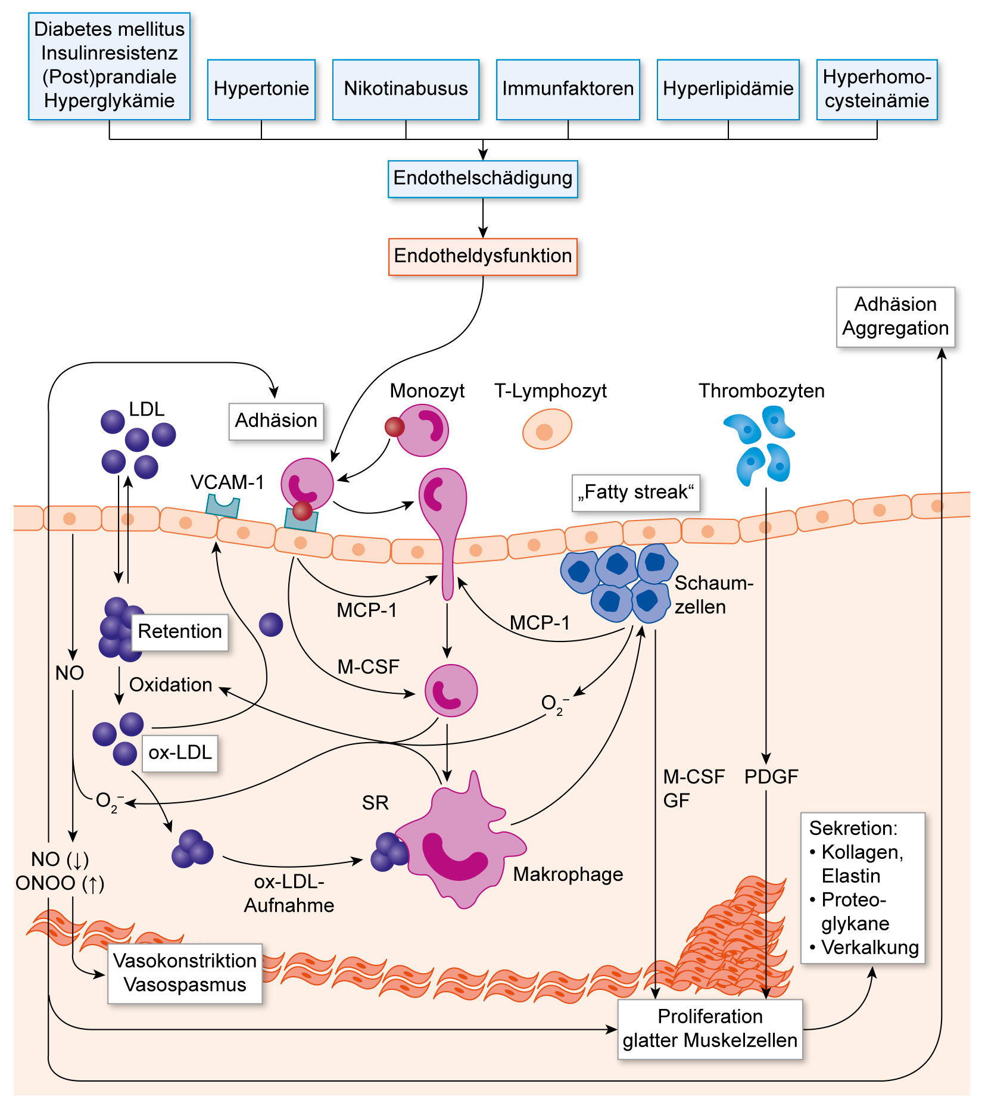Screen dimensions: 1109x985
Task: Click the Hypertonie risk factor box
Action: [x=261, y=89]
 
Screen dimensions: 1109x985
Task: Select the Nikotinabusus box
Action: [x=406, y=89]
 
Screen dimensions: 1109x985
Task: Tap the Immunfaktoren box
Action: [x=568, y=89]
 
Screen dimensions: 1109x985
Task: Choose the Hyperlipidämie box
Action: [x=728, y=89]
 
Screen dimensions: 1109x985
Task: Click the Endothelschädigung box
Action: [x=482, y=178]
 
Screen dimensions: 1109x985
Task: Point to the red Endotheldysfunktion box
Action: [x=482, y=256]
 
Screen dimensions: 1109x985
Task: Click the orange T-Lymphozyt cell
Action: [x=547, y=429]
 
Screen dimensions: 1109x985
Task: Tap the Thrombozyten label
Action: [x=761, y=391]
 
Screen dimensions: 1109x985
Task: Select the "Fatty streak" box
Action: [x=635, y=493]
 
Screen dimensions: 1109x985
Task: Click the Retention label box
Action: [x=179, y=631]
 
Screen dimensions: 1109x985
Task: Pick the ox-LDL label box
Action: [x=180, y=753]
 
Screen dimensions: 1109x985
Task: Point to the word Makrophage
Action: [x=568, y=874]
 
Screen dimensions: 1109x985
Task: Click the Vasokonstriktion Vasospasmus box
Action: [x=185, y=973]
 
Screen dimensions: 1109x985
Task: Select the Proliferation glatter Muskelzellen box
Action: [x=710, y=1029]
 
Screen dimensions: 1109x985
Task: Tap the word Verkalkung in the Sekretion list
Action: [x=869, y=948]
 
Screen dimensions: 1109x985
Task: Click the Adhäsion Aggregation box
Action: [x=895, y=316]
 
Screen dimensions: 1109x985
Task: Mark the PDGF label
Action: [x=771, y=777]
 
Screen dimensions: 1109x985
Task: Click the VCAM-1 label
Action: [x=227, y=482]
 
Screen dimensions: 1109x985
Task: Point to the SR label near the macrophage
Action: [x=375, y=803]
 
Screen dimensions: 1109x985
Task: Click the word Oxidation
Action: [x=170, y=685]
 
